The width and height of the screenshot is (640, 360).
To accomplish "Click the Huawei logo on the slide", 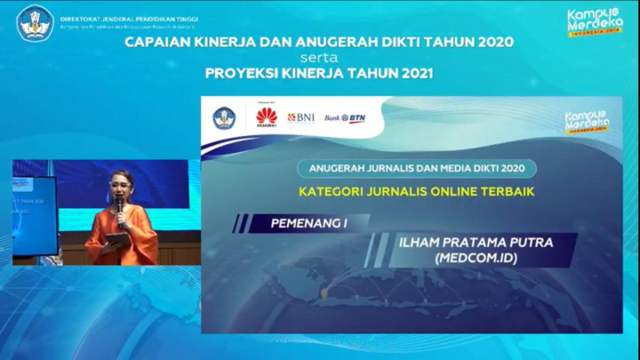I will point(267,117).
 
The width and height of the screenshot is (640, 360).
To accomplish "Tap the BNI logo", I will point(300,117).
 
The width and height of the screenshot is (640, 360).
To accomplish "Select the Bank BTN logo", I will point(345,118).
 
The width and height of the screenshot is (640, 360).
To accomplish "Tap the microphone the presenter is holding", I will point(119,206).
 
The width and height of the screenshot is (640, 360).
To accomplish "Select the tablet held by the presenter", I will point(116,238).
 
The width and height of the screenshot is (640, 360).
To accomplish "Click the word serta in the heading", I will point(320,58).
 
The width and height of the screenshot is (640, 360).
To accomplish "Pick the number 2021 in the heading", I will point(412,73).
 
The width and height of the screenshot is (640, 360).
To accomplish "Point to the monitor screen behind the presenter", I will point(34,213).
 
